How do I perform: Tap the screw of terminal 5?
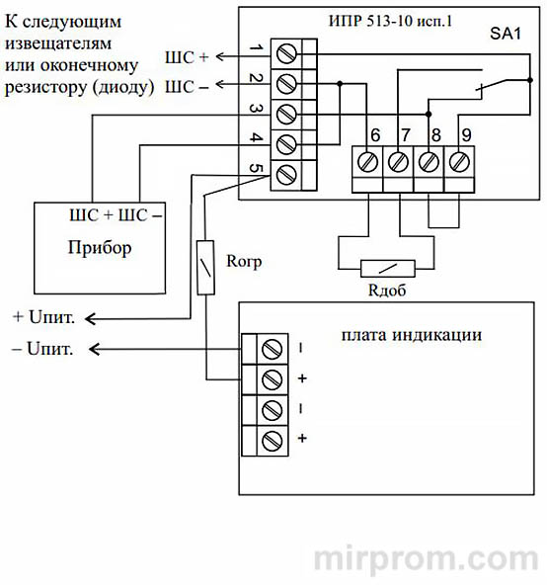[287, 174]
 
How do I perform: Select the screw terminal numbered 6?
[370, 161]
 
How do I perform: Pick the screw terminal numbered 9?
[459, 161]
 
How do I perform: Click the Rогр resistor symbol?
[205, 267]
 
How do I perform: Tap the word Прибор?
[101, 248]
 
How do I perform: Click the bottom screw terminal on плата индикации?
[272, 438]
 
